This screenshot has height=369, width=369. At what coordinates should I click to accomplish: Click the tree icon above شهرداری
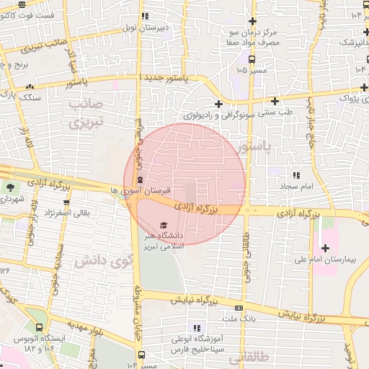pos(11,187)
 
